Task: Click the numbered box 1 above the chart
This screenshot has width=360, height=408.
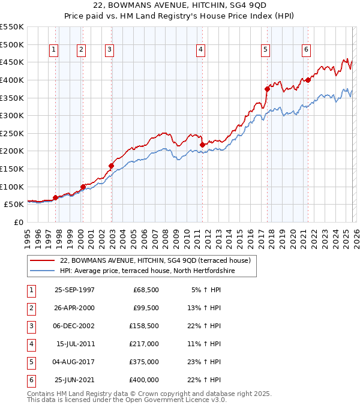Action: pos(54,50)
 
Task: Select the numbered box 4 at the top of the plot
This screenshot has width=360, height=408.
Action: pos(200,50)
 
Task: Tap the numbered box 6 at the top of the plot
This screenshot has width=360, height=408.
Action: pos(306,50)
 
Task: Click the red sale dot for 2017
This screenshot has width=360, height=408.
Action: pos(267,88)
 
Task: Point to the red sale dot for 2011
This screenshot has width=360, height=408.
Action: pos(203,145)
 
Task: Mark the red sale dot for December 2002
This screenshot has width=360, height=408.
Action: pos(112,166)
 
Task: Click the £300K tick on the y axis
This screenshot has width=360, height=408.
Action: pos(12,115)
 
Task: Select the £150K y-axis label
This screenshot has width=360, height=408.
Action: pos(12,169)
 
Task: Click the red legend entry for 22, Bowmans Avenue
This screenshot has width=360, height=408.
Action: pos(158,260)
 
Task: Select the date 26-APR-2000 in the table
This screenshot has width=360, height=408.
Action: pos(74,308)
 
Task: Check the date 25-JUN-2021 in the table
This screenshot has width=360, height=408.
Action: pos(74,380)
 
